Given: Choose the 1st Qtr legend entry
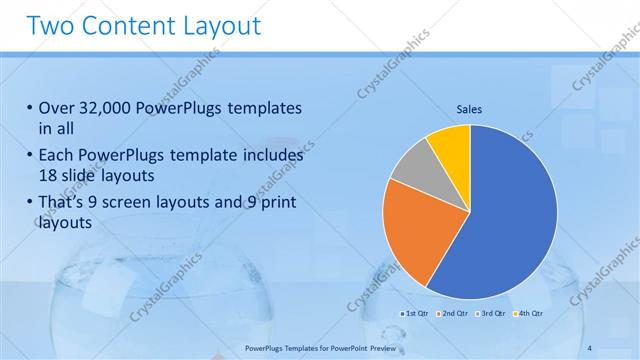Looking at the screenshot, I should pyautogui.click(x=416, y=314).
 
